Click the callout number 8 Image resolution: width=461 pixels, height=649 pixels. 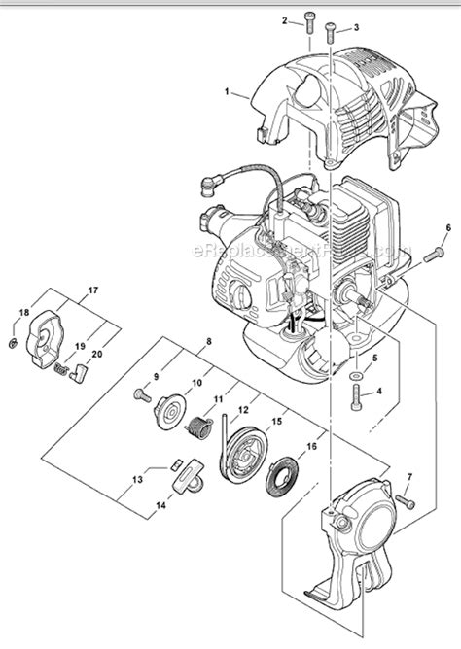point(209,342)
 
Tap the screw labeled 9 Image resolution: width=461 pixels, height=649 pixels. point(141,393)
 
